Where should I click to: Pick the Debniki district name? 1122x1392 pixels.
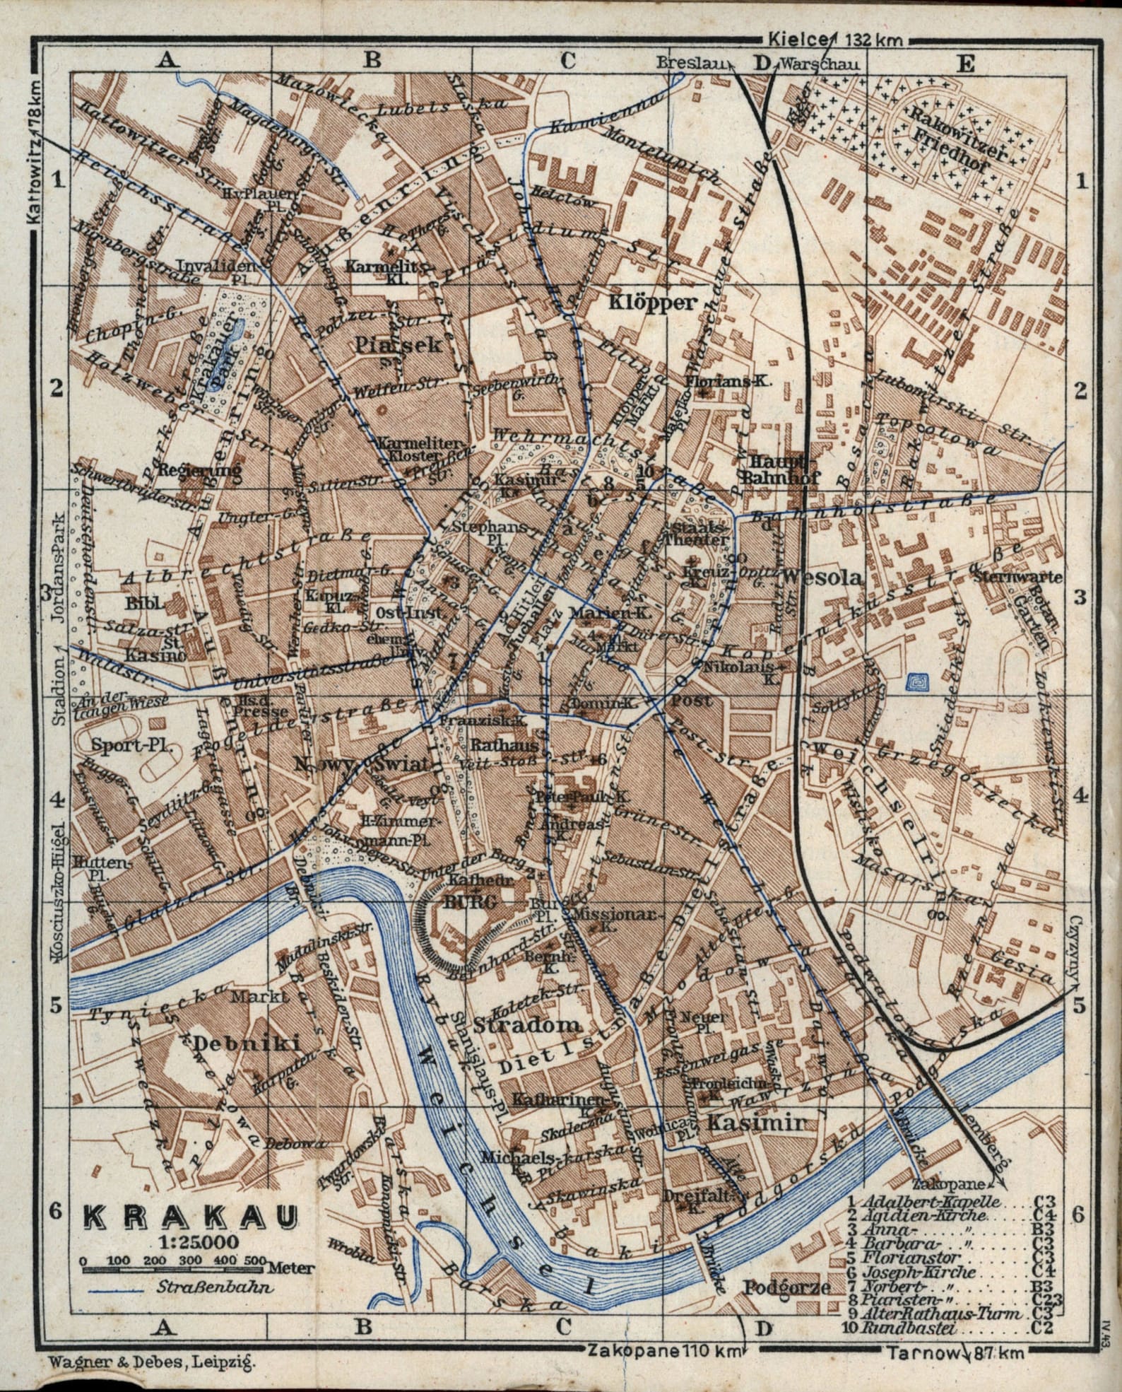tap(247, 1043)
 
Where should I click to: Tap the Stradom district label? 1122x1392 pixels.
tap(528, 1024)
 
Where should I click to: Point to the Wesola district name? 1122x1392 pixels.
tap(823, 578)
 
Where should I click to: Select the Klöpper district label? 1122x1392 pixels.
tap(654, 303)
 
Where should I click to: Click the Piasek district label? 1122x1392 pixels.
tap(398, 345)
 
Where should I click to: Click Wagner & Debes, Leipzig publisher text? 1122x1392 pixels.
tap(152, 1361)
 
